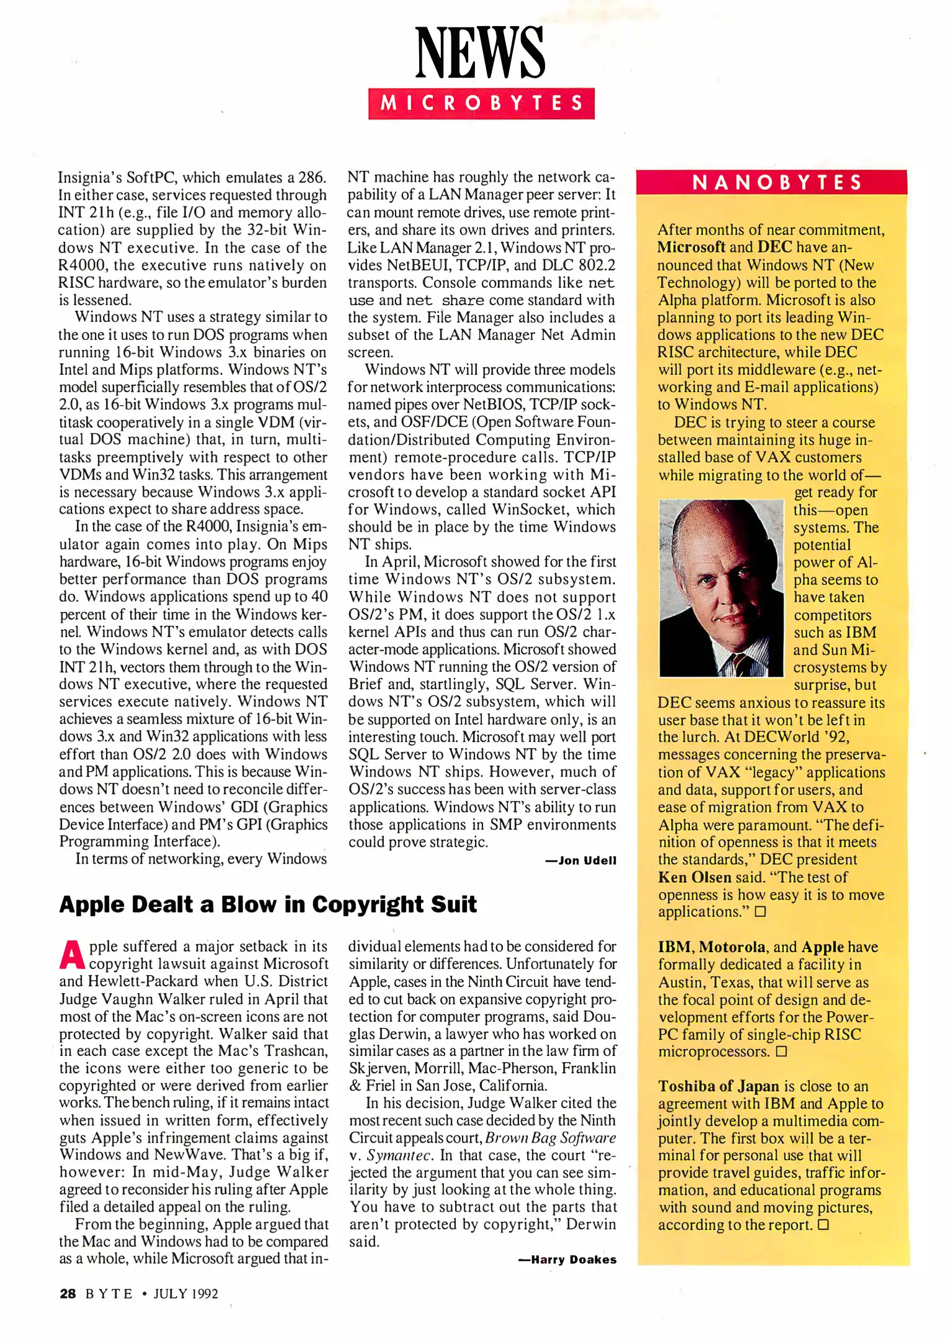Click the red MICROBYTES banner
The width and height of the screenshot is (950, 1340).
click(481, 103)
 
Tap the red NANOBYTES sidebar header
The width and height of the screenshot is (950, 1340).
click(777, 182)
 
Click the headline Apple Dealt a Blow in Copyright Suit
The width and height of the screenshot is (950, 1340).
click(268, 904)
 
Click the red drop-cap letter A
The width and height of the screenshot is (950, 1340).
click(72, 955)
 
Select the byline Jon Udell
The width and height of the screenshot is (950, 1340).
click(587, 860)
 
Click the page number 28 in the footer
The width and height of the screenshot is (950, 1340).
click(68, 1293)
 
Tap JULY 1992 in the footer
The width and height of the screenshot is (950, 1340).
click(185, 1293)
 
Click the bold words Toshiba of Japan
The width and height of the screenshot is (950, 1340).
click(718, 1086)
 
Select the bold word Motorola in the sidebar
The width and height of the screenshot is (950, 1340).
click(732, 947)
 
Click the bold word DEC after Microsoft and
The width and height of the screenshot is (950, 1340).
click(775, 247)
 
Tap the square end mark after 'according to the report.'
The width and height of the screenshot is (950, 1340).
click(823, 1225)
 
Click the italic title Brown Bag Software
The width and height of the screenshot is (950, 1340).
click(551, 1138)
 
